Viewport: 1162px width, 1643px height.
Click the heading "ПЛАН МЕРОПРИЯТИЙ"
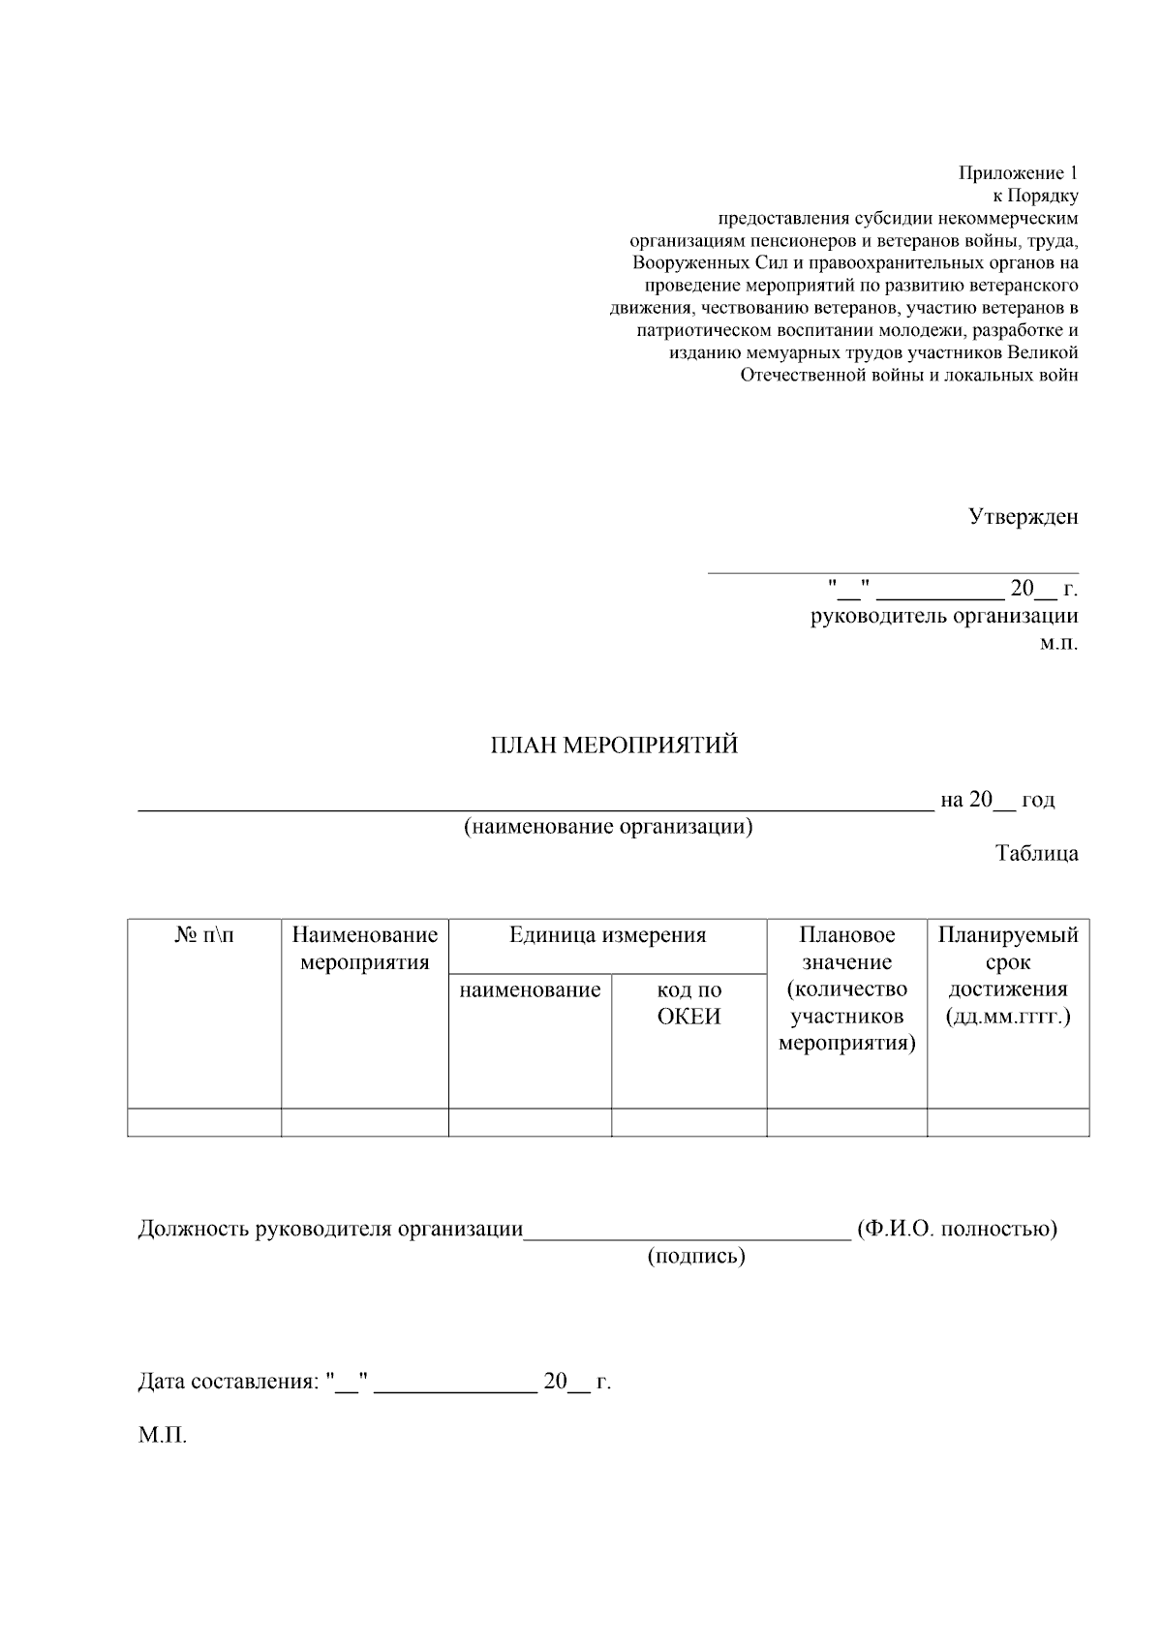pyautogui.click(x=613, y=745)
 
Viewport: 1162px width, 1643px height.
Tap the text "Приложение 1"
pyautogui.click(x=1018, y=173)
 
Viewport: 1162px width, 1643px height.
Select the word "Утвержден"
pyautogui.click(x=1024, y=517)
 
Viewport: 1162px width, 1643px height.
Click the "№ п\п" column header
pyautogui.click(x=204, y=935)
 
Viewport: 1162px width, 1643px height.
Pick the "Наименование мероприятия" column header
pyautogui.click(x=365, y=949)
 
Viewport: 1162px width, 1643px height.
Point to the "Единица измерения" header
pyautogui.click(x=608, y=935)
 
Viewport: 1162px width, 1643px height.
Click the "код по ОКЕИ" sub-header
pyautogui.click(x=689, y=1003)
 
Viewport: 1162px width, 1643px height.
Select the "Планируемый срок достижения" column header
pyautogui.click(x=1008, y=976)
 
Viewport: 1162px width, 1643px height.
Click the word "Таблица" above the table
pyautogui.click(x=1036, y=854)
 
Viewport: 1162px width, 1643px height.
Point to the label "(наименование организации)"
pyautogui.click(x=608, y=827)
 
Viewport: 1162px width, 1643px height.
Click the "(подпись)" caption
pyautogui.click(x=696, y=1257)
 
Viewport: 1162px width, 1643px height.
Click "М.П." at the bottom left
pyautogui.click(x=162, y=1435)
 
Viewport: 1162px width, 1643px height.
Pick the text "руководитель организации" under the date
pyautogui.click(x=944, y=617)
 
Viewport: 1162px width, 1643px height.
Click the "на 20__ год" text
pyautogui.click(x=997, y=800)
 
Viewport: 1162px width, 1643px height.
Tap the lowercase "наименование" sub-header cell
pyautogui.click(x=530, y=990)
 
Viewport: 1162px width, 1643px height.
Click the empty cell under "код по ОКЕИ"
pyautogui.click(x=689, y=1122)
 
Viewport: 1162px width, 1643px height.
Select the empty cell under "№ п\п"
pyautogui.click(x=204, y=1122)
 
